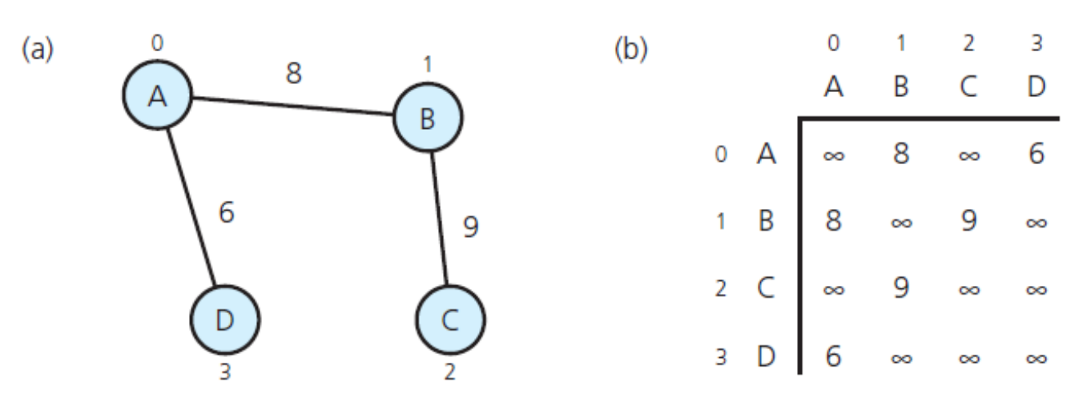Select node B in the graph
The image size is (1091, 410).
[x=427, y=119]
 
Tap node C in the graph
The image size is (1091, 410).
[x=450, y=320]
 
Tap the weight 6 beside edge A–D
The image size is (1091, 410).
[x=227, y=214]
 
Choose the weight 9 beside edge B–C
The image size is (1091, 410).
[x=471, y=227]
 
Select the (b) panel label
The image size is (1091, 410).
[x=630, y=50]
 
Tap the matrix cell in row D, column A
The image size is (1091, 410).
[x=833, y=355]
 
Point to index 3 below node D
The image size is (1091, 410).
[x=224, y=372]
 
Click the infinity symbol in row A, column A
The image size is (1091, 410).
[x=833, y=155]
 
